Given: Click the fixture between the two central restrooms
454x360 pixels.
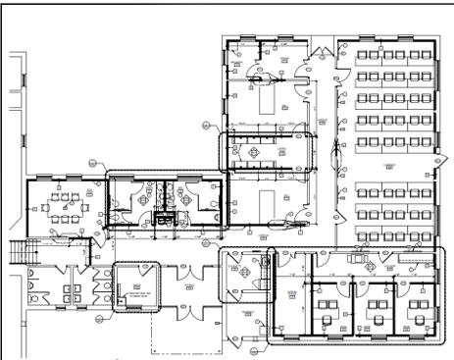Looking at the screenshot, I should click(x=165, y=218).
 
